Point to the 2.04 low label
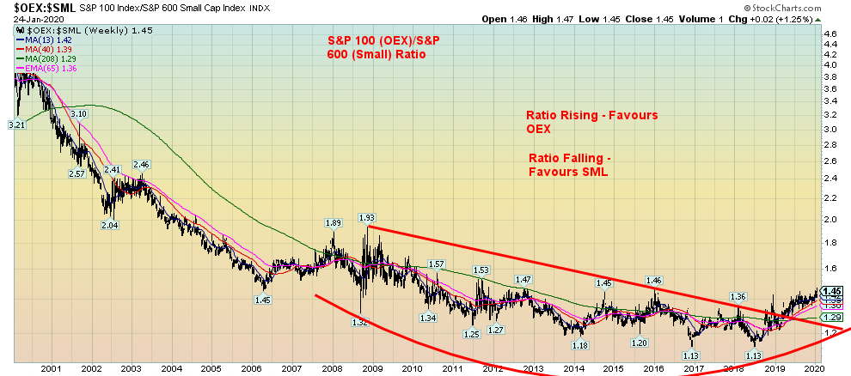click(x=109, y=225)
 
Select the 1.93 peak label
click(x=367, y=218)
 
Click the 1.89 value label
click(x=334, y=222)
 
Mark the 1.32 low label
click(x=360, y=322)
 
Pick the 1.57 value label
click(x=436, y=264)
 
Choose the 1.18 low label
click(x=580, y=345)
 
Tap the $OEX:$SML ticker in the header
click(x=30, y=7)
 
